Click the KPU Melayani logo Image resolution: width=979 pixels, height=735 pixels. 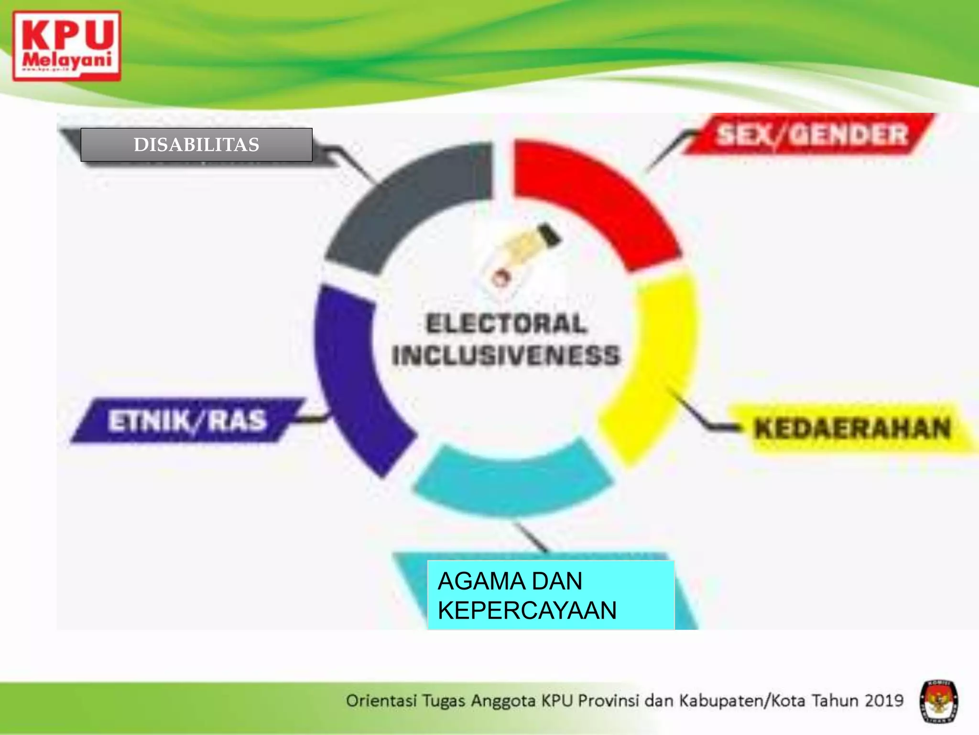coord(66,46)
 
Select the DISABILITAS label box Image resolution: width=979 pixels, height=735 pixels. coord(196,145)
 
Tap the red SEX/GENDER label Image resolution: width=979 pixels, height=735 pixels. coord(811,134)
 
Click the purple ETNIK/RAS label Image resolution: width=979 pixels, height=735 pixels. coord(187,421)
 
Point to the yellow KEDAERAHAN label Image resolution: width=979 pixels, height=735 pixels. coord(852,428)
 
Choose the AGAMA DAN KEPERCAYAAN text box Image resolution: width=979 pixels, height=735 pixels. coord(551,595)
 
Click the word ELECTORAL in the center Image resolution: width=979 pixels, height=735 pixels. coord(506,323)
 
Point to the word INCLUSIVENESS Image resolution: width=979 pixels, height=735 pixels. coord(506,356)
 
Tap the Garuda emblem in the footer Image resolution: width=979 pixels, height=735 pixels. coord(939,702)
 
